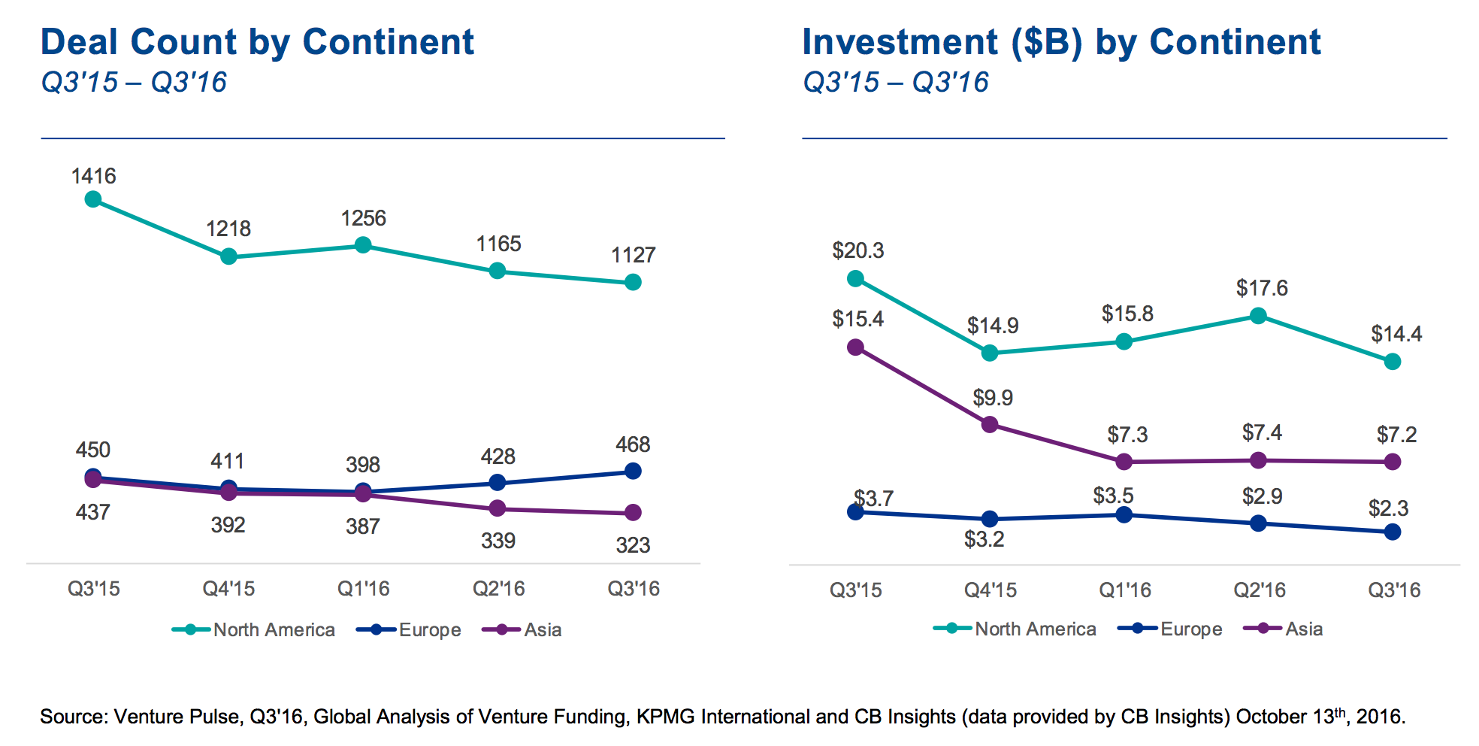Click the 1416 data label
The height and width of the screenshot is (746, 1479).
point(93,176)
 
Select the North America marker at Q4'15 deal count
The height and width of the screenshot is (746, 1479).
point(229,257)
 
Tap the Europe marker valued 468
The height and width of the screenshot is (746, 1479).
point(633,471)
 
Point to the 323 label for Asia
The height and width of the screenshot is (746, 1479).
point(633,545)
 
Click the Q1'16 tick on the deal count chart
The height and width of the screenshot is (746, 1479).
point(363,588)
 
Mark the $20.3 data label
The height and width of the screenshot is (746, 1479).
point(857,250)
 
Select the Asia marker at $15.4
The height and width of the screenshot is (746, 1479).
point(855,347)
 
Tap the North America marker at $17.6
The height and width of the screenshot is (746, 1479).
point(1258,316)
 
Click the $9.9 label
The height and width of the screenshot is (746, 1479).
point(993,397)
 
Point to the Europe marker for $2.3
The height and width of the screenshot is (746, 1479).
point(1392,532)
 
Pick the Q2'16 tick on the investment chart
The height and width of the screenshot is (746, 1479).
point(1260,590)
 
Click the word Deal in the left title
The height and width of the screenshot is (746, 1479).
point(80,42)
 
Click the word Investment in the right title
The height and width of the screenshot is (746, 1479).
point(900,42)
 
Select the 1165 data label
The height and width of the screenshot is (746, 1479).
point(498,244)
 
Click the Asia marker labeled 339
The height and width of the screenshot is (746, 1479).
point(497,508)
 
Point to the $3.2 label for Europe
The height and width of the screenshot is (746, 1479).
point(984,539)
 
